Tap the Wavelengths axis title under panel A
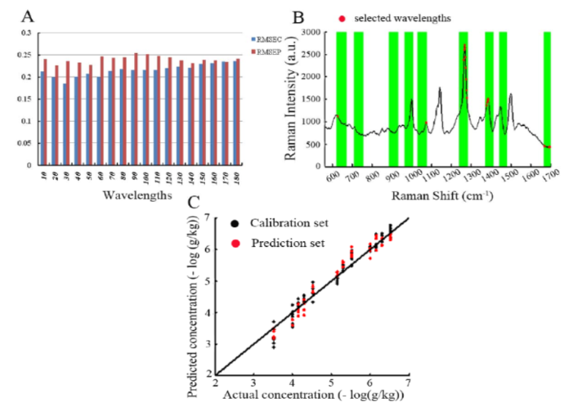tap(137, 195)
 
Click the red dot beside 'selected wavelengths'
tap(342, 17)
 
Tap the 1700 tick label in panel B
tap(549, 177)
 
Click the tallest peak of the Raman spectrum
tap(464, 46)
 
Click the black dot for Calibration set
tap(235, 223)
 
